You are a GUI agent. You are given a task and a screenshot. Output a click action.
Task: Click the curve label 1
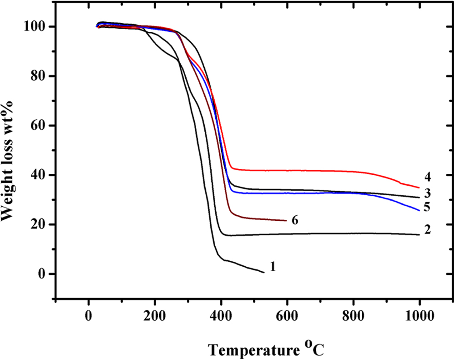(273, 266)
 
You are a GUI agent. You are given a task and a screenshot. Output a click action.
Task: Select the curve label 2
(427, 229)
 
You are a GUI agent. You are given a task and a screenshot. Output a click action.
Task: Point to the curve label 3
(428, 191)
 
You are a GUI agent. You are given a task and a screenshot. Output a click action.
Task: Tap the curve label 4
(427, 176)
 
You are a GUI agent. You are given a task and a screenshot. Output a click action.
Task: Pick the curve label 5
(427, 207)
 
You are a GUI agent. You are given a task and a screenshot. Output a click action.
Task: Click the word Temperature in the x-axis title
(250, 350)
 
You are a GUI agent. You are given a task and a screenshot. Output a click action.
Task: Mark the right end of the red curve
(419, 188)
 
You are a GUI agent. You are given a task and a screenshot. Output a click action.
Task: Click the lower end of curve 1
(263, 272)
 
